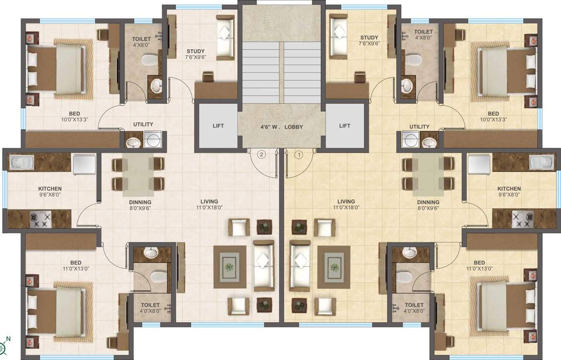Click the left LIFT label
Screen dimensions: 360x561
[218, 126]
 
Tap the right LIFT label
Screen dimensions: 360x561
[345, 126]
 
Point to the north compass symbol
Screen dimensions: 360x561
[4, 347]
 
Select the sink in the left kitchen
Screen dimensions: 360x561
[21, 163]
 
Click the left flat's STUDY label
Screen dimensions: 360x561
[195, 51]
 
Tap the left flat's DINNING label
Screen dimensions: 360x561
[140, 202]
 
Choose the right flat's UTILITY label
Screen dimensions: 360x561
[419, 127]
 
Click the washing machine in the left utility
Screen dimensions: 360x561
[152, 139]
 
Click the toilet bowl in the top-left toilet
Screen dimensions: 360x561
[150, 60]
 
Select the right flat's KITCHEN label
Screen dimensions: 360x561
[509, 188]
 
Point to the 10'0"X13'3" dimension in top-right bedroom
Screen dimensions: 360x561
[493, 120]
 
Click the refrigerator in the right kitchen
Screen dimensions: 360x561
[478, 163]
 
